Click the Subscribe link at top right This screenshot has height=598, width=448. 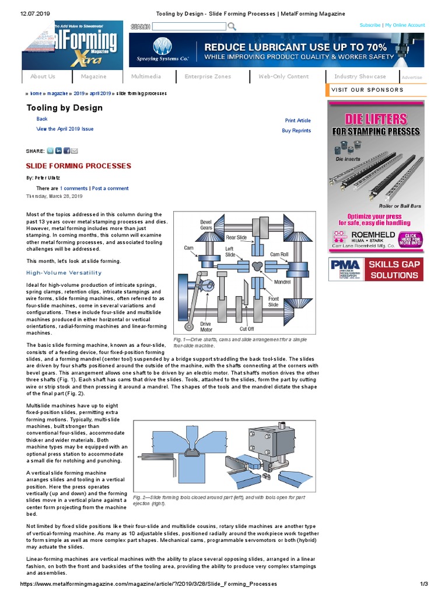click(370, 25)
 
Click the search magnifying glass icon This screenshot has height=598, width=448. click(232, 26)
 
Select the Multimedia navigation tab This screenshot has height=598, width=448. click(146, 77)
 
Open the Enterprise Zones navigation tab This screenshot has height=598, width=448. click(208, 77)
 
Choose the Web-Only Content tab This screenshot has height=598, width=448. click(283, 77)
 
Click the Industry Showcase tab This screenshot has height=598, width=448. click(360, 77)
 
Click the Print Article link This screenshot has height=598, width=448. click(297, 120)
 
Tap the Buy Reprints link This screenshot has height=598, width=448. click(296, 131)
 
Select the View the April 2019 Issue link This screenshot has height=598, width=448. click(65, 129)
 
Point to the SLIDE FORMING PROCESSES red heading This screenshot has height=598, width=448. click(79, 166)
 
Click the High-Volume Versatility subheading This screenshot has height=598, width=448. click(64, 273)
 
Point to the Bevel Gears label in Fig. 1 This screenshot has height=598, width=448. click(206, 225)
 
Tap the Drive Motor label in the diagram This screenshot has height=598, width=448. click(205, 326)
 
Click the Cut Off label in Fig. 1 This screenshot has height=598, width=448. click(247, 329)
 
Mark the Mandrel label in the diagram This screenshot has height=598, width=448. click(282, 282)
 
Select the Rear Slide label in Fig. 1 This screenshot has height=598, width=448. click(236, 238)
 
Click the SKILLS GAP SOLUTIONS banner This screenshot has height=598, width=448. click(377, 269)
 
